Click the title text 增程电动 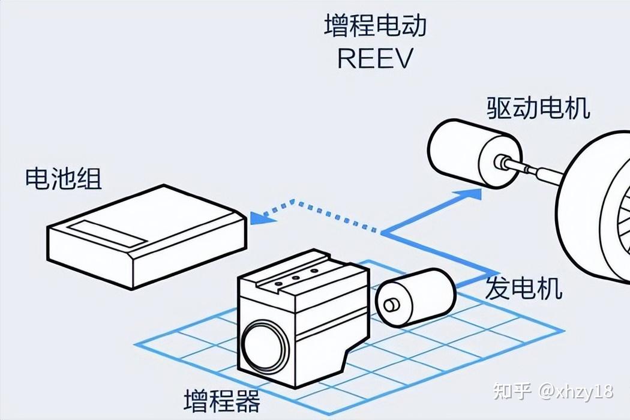pyautogui.click(x=376, y=27)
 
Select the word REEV pyautogui.click(x=376, y=59)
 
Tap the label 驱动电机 pyautogui.click(x=538, y=108)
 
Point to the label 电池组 pyautogui.click(x=64, y=178)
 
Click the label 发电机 pyautogui.click(x=523, y=289)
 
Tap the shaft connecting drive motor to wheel pyautogui.click(x=528, y=169)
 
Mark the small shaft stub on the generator pyautogui.click(x=391, y=305)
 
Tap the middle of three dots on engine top pyautogui.click(x=295, y=278)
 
